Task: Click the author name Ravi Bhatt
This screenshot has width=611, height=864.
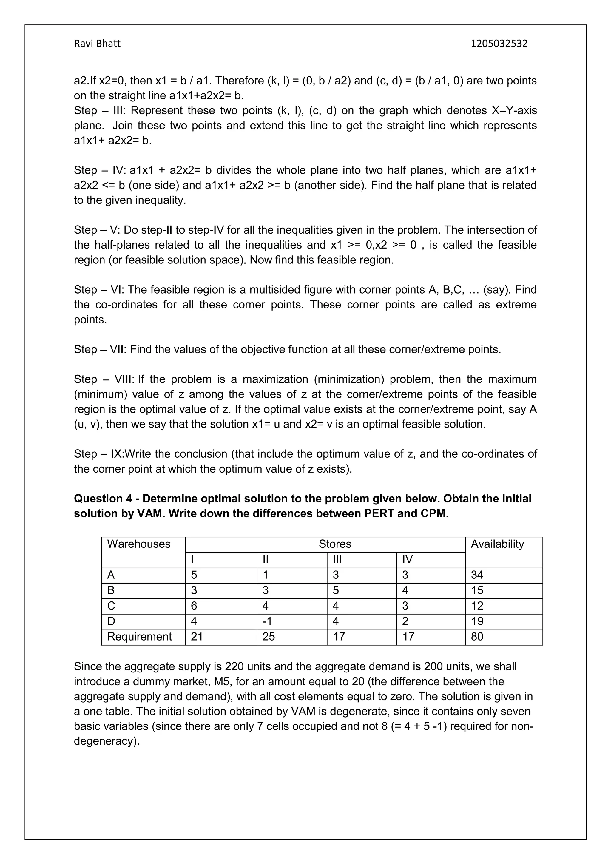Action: coord(97,44)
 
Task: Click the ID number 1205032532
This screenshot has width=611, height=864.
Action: coord(499,44)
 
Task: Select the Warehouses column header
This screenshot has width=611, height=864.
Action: coord(138,544)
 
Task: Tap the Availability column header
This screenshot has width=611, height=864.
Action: coord(497,544)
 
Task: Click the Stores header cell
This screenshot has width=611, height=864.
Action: coord(334,544)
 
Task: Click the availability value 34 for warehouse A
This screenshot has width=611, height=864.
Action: coord(477,575)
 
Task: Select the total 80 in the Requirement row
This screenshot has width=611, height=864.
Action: coord(477,637)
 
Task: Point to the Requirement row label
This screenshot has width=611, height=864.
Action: coord(139,637)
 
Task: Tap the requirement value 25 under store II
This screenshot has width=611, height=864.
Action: coord(269,637)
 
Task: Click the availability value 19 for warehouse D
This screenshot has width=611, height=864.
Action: coord(477,621)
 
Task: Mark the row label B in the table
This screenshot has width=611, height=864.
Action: coord(111,590)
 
